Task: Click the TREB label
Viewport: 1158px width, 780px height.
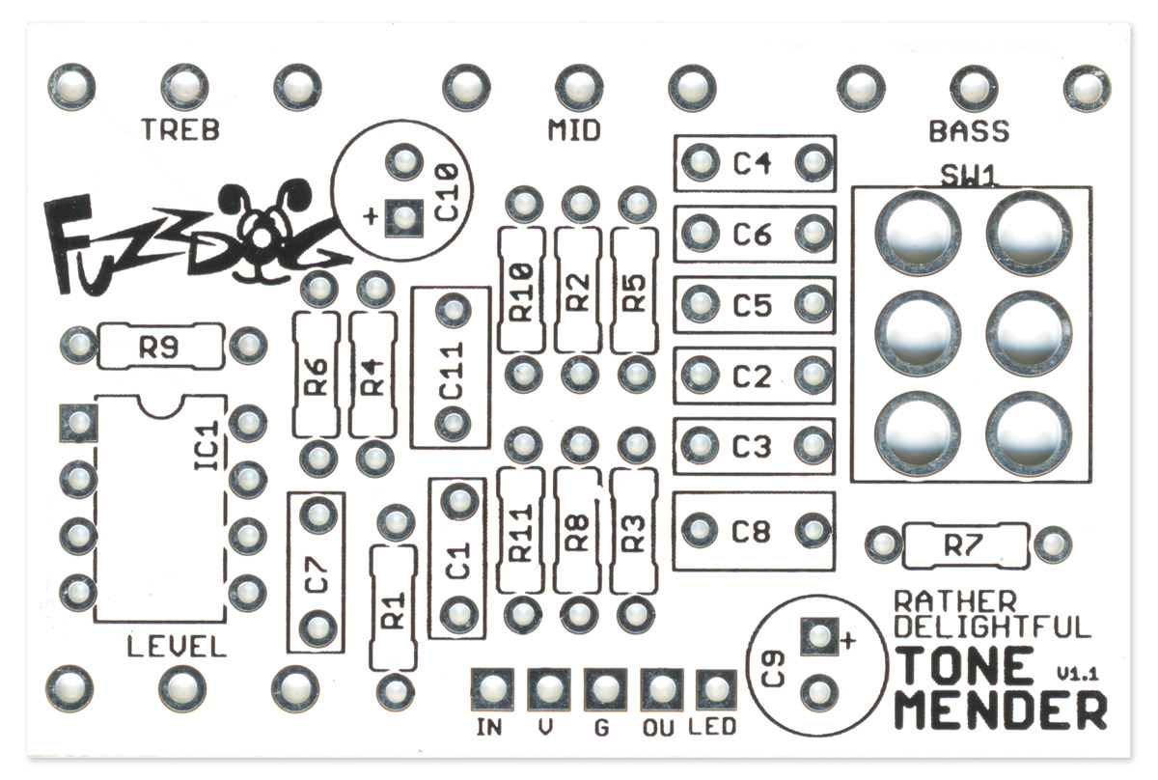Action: point(180,129)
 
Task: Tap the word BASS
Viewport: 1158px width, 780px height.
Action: point(969,130)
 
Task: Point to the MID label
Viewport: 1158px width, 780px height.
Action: point(574,129)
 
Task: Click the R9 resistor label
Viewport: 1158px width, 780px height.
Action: point(160,346)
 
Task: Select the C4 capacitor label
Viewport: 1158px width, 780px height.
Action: point(752,163)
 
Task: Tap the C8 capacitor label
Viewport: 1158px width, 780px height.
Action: point(752,531)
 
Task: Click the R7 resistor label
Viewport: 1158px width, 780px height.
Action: point(962,545)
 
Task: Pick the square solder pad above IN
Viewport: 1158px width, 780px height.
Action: point(491,689)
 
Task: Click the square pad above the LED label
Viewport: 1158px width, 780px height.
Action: point(714,689)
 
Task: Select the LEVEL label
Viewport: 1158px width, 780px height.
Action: point(177,647)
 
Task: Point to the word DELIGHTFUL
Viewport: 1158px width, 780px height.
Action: point(992,627)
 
